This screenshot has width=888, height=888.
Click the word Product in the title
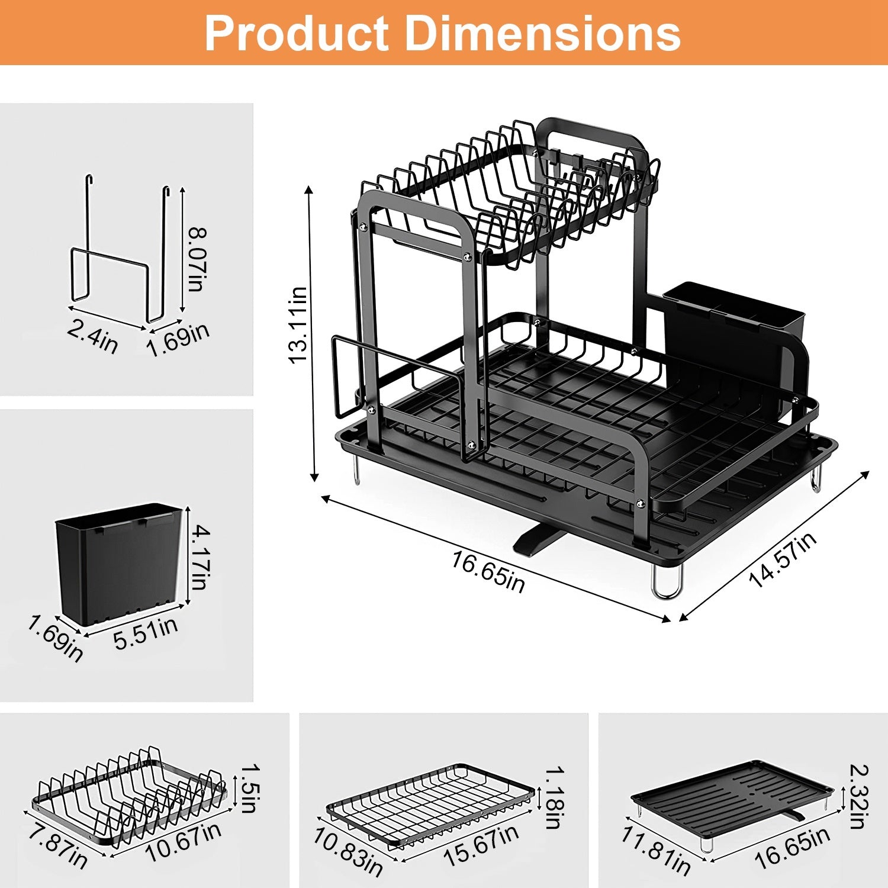(296, 34)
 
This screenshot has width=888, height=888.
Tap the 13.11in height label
(298, 325)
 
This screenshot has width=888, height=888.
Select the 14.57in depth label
(783, 559)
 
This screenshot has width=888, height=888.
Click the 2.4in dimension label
(92, 336)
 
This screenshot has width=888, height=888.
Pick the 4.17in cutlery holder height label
(200, 558)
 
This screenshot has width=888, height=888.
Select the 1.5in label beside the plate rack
(248, 787)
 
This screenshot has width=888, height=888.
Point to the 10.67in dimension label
(184, 841)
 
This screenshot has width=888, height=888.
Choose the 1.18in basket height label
(554, 797)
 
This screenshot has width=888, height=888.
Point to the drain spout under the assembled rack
(535, 540)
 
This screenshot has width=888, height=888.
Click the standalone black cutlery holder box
(118, 562)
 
